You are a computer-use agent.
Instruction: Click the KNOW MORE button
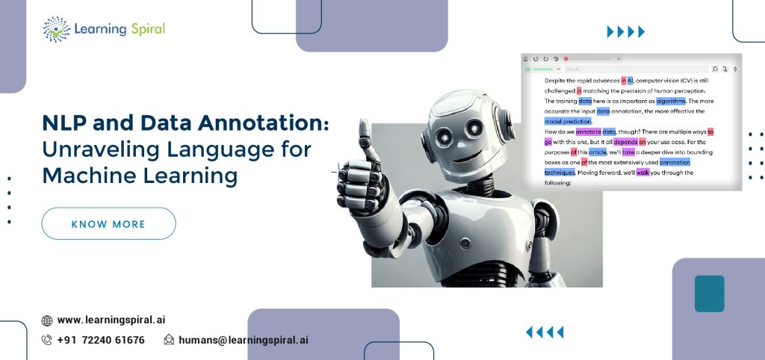click(108, 224)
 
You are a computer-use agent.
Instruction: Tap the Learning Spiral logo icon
click(57, 29)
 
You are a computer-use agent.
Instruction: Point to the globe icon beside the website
click(47, 320)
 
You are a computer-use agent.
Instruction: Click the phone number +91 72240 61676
click(101, 340)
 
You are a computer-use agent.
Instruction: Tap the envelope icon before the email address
click(169, 340)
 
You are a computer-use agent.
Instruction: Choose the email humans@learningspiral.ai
click(243, 340)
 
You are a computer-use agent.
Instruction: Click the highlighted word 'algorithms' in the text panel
click(671, 101)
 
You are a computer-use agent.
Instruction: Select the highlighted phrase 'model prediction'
click(568, 121)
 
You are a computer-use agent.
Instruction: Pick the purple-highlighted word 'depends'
click(625, 142)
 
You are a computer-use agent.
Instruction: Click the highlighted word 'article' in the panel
click(598, 152)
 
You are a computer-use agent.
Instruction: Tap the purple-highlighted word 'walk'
click(642, 173)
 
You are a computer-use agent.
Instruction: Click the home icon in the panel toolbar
click(526, 58)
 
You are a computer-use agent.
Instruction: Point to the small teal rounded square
click(709, 294)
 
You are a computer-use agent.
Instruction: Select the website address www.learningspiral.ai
click(111, 320)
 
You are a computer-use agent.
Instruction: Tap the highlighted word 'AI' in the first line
click(630, 80)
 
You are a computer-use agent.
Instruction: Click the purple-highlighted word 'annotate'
click(589, 131)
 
